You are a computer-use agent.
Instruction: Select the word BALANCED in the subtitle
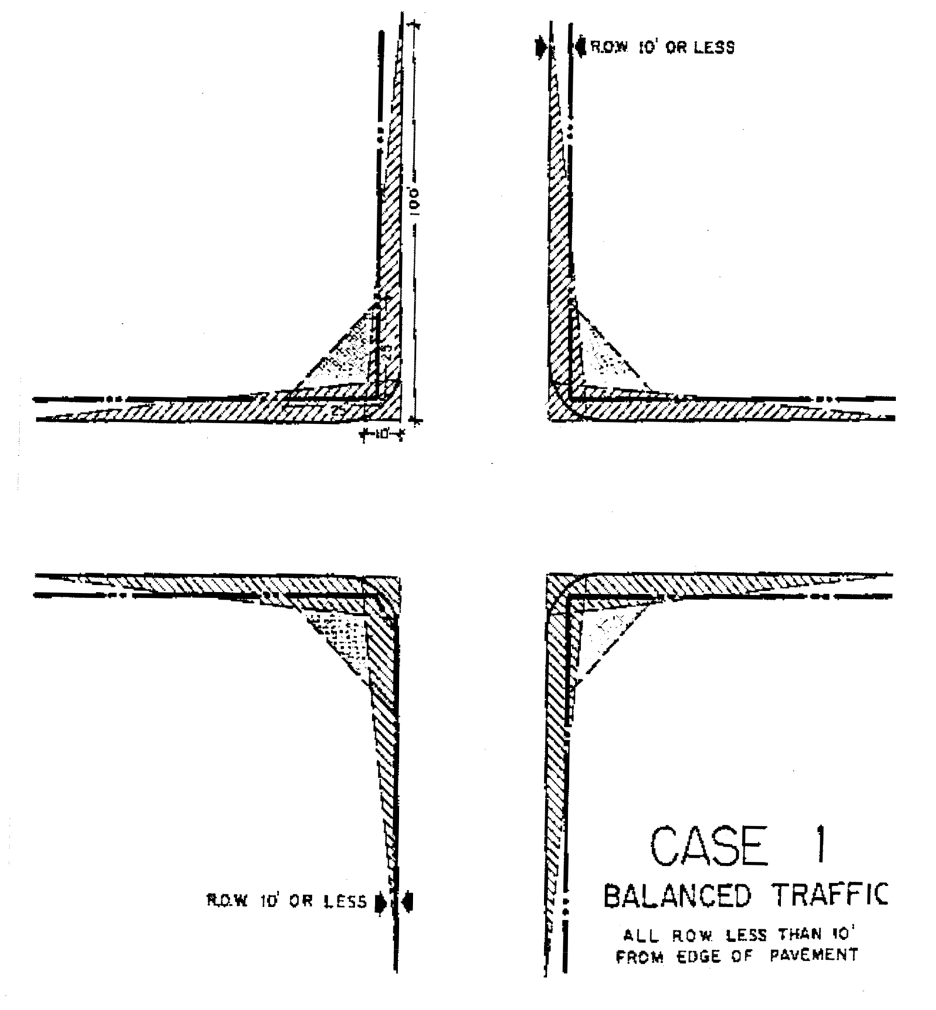pyautogui.click(x=677, y=896)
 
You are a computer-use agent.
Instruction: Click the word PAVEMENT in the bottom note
pyautogui.click(x=814, y=955)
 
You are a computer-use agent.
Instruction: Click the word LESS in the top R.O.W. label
pyautogui.click(x=714, y=47)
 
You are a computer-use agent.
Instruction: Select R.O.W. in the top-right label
pyautogui.click(x=609, y=47)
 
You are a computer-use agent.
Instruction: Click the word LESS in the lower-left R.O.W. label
pyautogui.click(x=346, y=901)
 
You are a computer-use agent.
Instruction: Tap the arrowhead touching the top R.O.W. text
pyautogui.click(x=580, y=46)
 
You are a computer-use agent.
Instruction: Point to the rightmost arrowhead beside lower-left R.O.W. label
pyautogui.click(x=408, y=901)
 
